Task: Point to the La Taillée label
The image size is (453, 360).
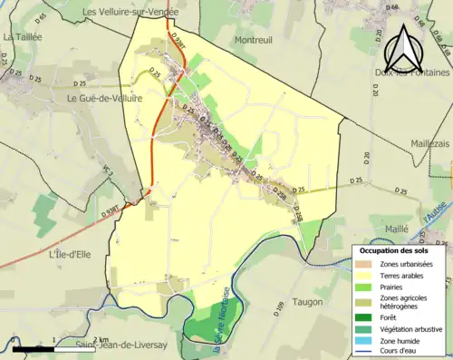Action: [x=24, y=37]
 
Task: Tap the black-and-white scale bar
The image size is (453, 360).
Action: [x=54, y=347]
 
